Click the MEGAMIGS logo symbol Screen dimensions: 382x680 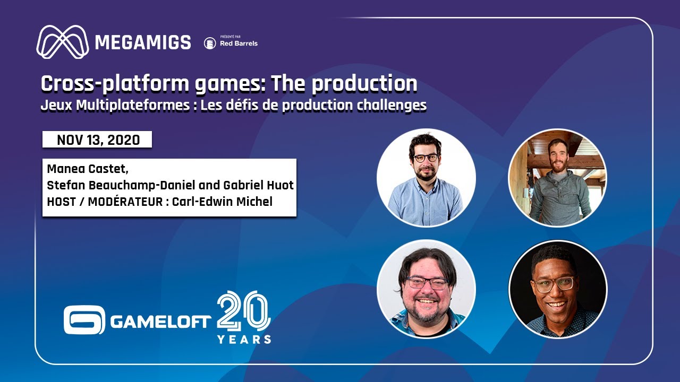62,42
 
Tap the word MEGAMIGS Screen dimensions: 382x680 143,42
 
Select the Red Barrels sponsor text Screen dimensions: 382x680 239,44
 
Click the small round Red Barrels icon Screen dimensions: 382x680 210,44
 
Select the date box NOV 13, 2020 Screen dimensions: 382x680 98,140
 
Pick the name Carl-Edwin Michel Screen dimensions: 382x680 222,202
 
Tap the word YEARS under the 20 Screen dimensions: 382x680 244,339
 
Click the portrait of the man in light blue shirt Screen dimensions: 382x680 426,178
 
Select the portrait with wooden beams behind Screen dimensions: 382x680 557,178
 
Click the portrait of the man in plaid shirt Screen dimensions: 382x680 426,289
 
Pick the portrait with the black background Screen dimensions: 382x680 557,289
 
